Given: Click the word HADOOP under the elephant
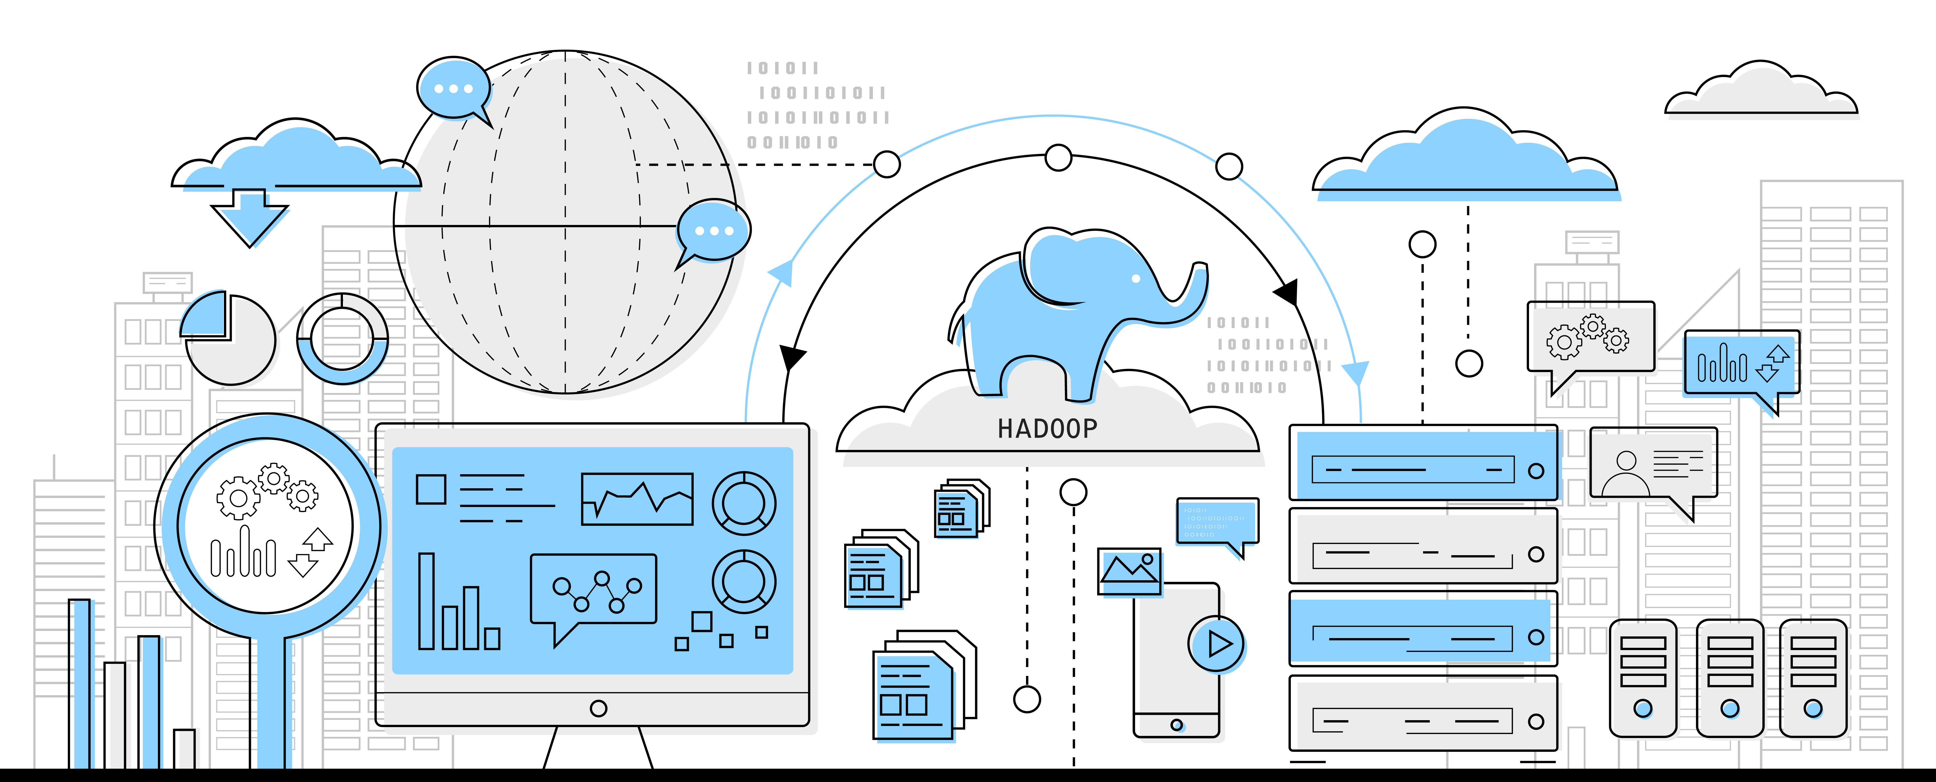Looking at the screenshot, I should tap(1047, 429).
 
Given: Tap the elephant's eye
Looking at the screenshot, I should tap(1136, 279).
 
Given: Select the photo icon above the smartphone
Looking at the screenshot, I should tap(1129, 571).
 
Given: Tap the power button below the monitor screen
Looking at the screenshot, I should tap(598, 708).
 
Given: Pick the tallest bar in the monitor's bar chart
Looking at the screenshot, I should tap(426, 601).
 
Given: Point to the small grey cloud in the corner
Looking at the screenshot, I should tap(1760, 94).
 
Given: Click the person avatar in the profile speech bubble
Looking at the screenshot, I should tap(1626, 473).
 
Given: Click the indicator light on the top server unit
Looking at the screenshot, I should tap(1535, 471).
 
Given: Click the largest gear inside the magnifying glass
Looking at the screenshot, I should tap(237, 497).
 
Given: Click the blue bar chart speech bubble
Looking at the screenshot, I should tap(1741, 364).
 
